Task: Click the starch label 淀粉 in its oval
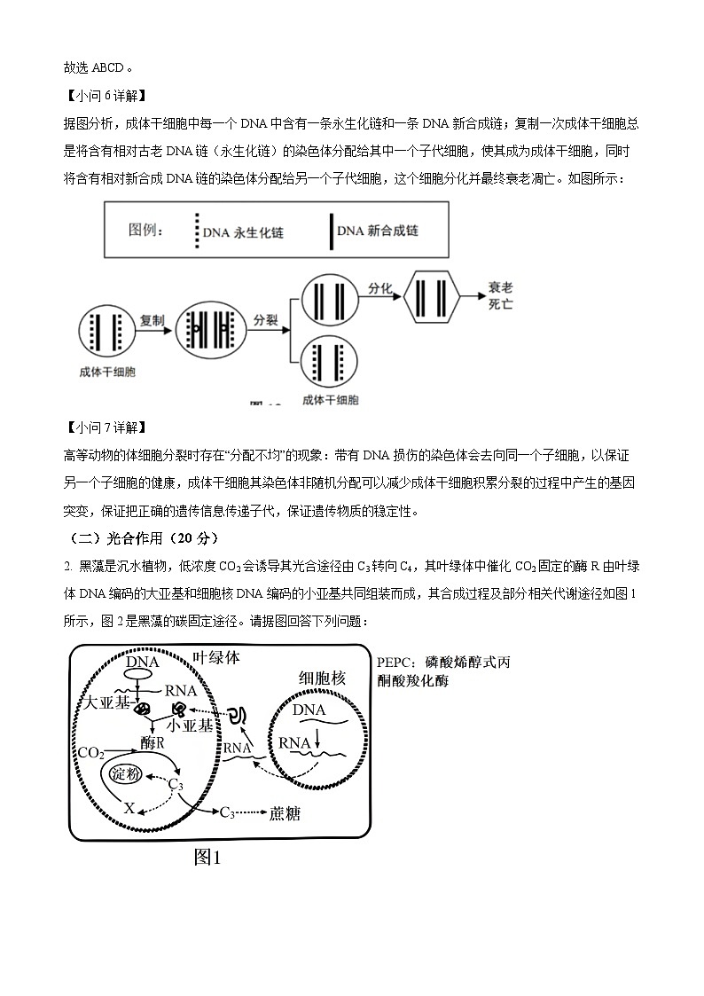125,774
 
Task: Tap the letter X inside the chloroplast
129,808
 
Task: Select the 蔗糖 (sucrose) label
284,812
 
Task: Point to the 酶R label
152,742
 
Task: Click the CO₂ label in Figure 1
90,753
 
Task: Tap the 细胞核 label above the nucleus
322,678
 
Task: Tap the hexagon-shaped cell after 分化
431,299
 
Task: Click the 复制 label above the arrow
153,319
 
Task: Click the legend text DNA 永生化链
242,232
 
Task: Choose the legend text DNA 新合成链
378,231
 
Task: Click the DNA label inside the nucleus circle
309,710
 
